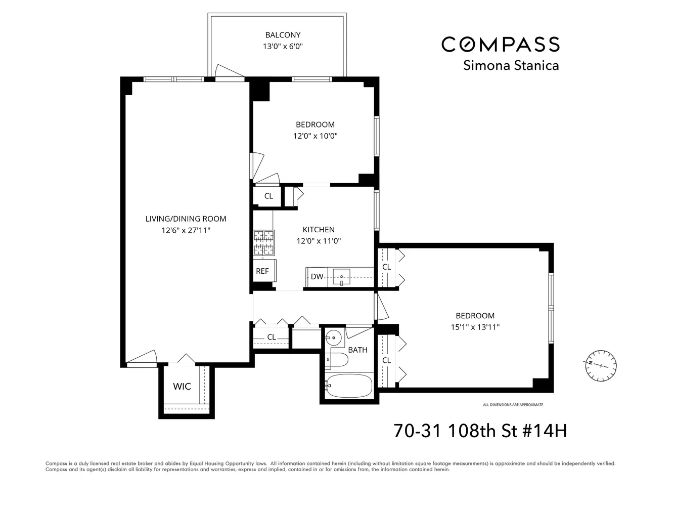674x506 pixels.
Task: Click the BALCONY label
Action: (283, 35)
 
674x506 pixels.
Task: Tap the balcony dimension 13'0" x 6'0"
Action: (283, 47)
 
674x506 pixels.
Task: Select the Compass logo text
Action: (501, 45)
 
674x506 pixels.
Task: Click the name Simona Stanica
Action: (511, 66)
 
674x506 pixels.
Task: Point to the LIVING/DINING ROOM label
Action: (186, 219)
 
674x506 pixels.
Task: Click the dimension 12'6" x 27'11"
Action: (186, 230)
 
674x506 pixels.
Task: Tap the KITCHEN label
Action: (319, 230)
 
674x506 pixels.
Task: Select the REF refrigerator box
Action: (262, 271)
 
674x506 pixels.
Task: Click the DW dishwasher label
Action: (317, 276)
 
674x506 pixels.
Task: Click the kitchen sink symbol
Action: (342, 277)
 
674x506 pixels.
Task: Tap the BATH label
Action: (358, 350)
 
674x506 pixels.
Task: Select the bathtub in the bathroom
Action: (349, 386)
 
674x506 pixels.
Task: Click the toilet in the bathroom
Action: (337, 360)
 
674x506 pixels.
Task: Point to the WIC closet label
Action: (182, 387)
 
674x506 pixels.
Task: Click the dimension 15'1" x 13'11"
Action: (475, 327)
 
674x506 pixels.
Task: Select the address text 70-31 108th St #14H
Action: (480, 431)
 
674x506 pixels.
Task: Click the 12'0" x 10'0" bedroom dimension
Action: (315, 136)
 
